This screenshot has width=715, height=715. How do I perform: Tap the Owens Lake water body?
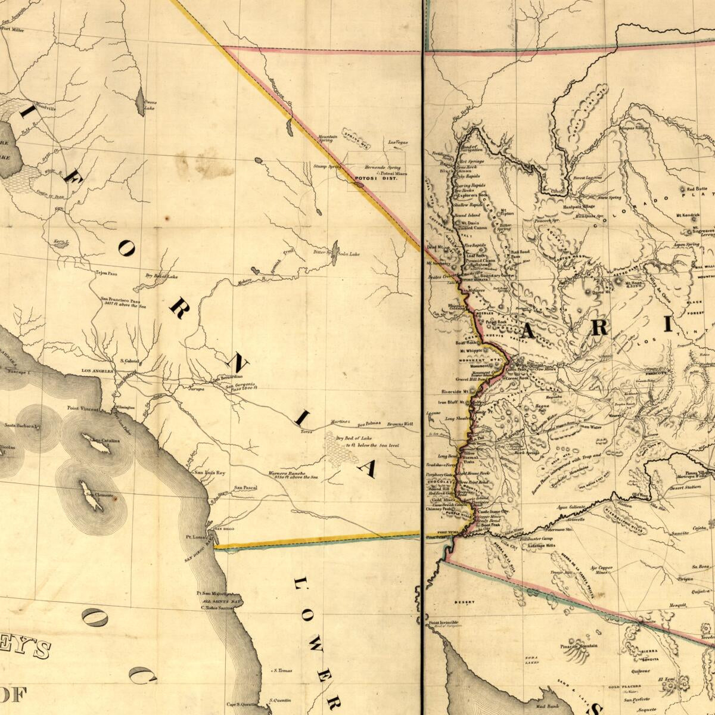click(141, 101)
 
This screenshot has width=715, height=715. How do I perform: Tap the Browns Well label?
click(400, 424)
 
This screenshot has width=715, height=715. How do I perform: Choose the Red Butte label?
click(697, 189)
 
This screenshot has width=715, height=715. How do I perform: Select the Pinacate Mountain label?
click(578, 646)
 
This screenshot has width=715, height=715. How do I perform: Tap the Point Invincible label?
click(444, 623)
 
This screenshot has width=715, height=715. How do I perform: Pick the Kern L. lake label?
click(61, 243)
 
